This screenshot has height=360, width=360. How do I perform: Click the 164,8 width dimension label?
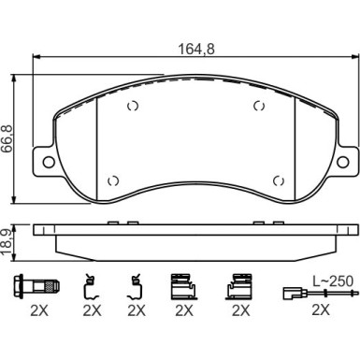click(x=196, y=49)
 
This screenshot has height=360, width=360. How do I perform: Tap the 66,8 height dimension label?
click(x=7, y=138)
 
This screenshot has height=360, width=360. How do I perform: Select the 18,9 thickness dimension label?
click(x=7, y=243)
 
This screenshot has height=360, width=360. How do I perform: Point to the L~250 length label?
click(x=333, y=281)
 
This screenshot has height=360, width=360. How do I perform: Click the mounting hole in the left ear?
click(x=49, y=162)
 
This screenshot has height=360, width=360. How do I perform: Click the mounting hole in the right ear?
click(x=343, y=162)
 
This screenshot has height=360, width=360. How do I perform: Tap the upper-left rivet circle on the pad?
click(x=133, y=107)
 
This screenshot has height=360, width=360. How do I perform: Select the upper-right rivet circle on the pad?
click(x=259, y=107)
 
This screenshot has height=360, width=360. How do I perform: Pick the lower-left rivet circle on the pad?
click(x=113, y=180)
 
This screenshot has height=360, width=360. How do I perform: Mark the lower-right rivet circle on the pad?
click(x=279, y=180)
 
